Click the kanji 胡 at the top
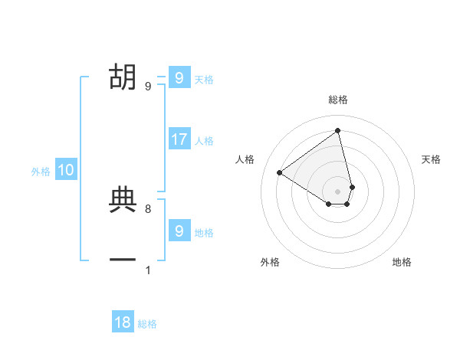(x=123, y=77)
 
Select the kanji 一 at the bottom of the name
(x=123, y=260)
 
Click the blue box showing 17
(x=179, y=139)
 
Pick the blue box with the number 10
(x=66, y=171)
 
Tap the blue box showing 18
(x=123, y=322)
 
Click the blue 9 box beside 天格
(x=179, y=78)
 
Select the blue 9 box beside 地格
(x=179, y=231)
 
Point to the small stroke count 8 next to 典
(x=148, y=208)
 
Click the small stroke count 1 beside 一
(x=148, y=270)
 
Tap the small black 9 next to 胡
(x=148, y=86)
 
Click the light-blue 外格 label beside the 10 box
(x=41, y=172)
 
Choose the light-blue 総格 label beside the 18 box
(x=147, y=324)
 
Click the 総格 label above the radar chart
(x=338, y=100)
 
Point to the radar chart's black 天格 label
(x=432, y=159)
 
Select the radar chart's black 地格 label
(x=402, y=262)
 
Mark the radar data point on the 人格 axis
(x=280, y=172)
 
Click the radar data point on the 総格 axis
(x=338, y=130)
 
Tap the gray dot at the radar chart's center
(x=338, y=191)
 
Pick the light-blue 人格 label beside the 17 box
(x=204, y=141)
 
